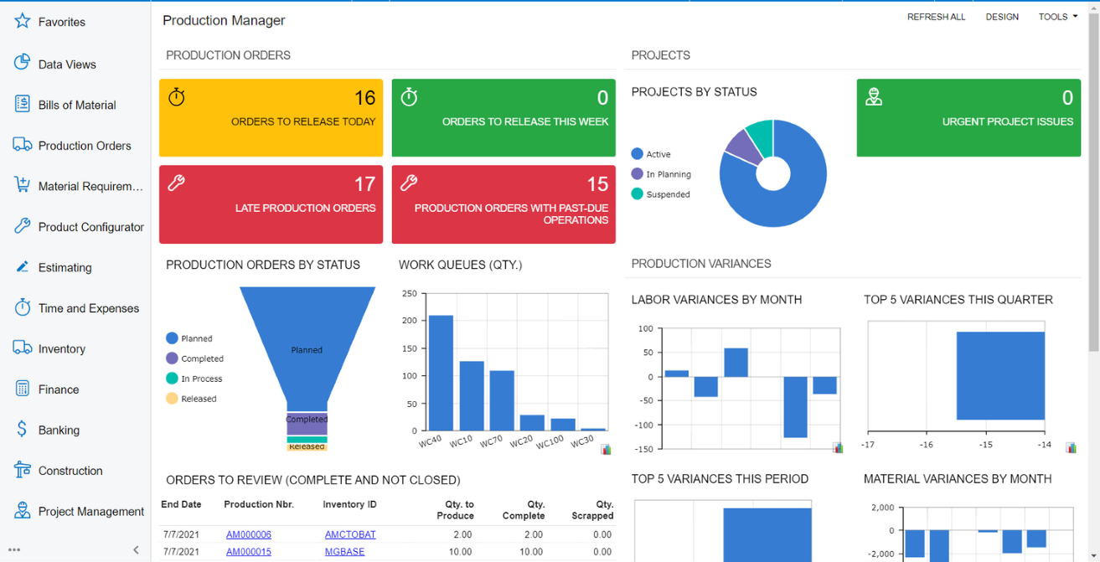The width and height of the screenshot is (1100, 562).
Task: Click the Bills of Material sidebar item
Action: pos(76,105)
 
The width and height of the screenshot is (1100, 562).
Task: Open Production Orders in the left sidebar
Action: pos(84,146)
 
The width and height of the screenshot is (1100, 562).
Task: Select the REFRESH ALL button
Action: pos(936,17)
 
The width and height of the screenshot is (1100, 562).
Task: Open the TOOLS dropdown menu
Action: pos(1057,17)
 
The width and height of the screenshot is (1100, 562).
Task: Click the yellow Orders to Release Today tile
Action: pos(271,118)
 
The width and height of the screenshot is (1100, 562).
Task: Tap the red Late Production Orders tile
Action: pos(271,204)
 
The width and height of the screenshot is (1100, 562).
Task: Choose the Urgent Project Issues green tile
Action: pos(968,118)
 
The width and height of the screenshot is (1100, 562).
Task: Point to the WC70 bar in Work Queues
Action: pos(502,400)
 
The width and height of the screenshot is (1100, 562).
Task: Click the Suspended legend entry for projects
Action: pos(667,194)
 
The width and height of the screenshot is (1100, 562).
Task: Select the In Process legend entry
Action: pos(201,379)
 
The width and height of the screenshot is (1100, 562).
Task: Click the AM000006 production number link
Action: pos(248,534)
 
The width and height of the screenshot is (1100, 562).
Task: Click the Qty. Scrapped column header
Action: pos(592,510)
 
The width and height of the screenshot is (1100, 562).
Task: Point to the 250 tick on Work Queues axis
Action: pos(409,294)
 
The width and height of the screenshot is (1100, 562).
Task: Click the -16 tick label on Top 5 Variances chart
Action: pos(926,445)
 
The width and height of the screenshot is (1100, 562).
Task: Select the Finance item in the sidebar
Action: pos(59,389)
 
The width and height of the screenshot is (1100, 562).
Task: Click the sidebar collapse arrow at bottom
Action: pos(136,550)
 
